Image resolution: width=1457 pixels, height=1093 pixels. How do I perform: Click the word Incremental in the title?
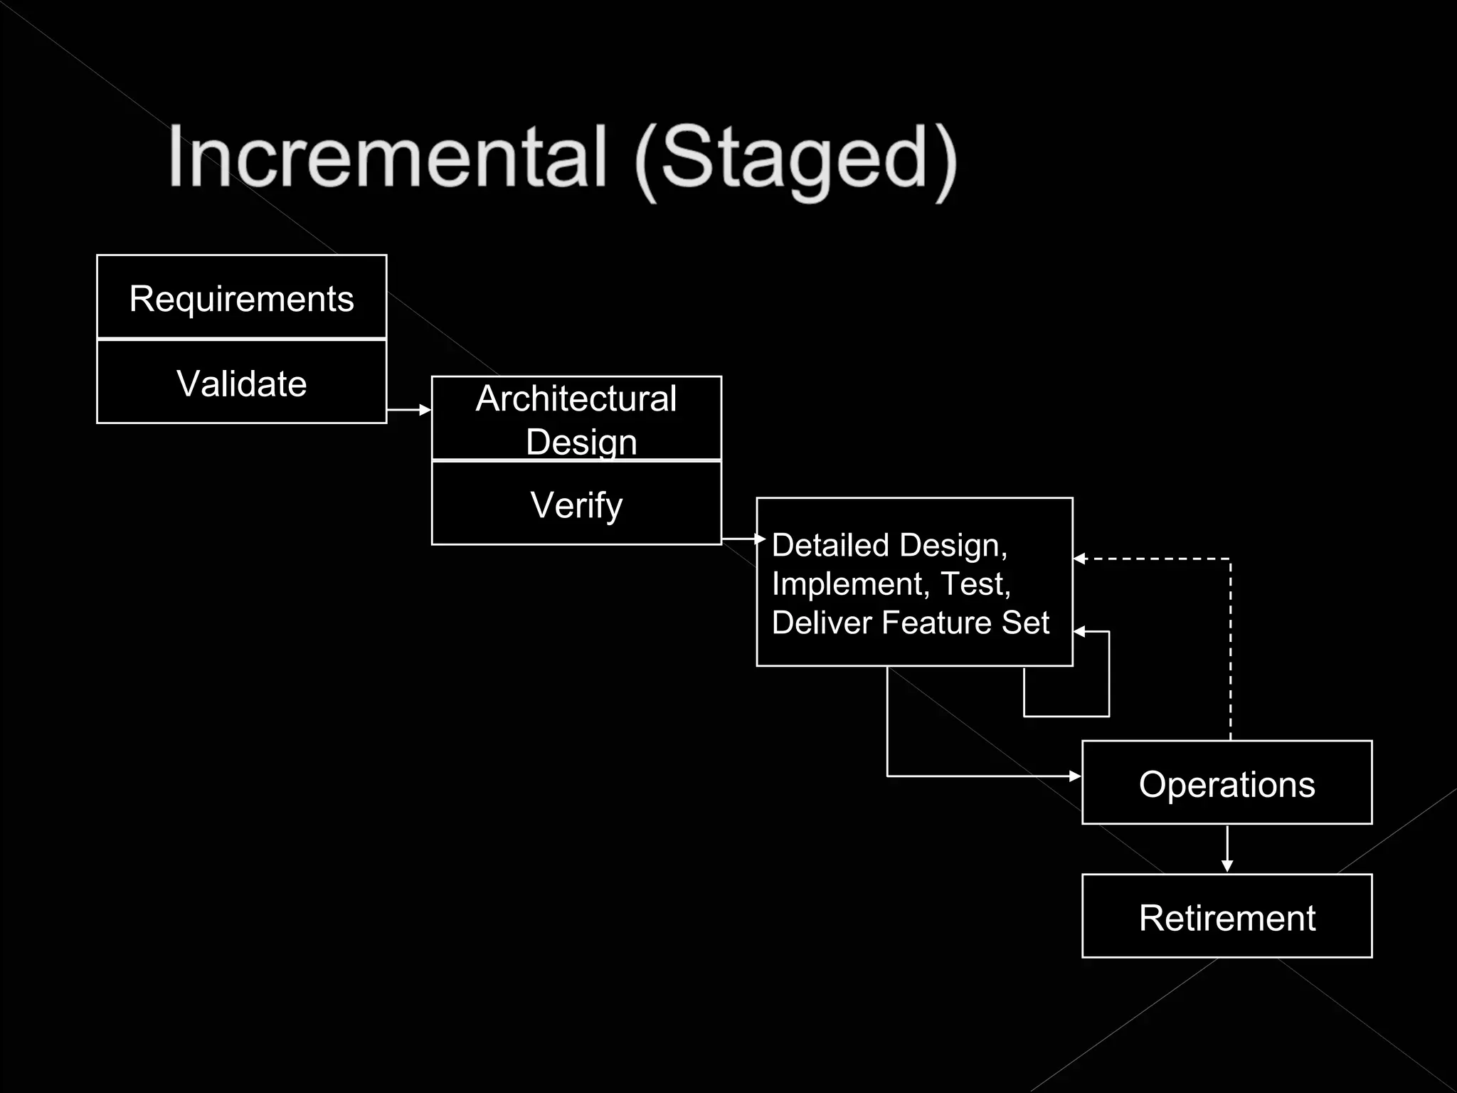coord(388,157)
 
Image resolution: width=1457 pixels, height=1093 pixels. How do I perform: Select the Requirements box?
coord(241,297)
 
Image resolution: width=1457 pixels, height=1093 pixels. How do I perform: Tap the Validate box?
coord(241,383)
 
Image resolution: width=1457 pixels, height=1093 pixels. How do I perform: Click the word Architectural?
coord(576,398)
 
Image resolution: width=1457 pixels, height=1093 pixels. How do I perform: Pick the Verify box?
coord(576,505)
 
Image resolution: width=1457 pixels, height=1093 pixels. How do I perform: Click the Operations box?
coord(1226,783)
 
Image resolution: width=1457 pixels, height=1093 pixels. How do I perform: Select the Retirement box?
coord(1226,917)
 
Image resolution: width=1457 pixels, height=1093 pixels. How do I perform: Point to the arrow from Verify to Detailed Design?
coord(743,539)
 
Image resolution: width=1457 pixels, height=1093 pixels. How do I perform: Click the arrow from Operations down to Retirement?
coord(1226,850)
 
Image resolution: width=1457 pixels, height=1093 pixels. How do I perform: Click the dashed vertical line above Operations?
coord(1230,655)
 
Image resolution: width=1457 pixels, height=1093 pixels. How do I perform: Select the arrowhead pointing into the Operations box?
coord(1074,776)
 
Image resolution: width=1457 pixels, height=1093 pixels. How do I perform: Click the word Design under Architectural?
coord(581,441)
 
